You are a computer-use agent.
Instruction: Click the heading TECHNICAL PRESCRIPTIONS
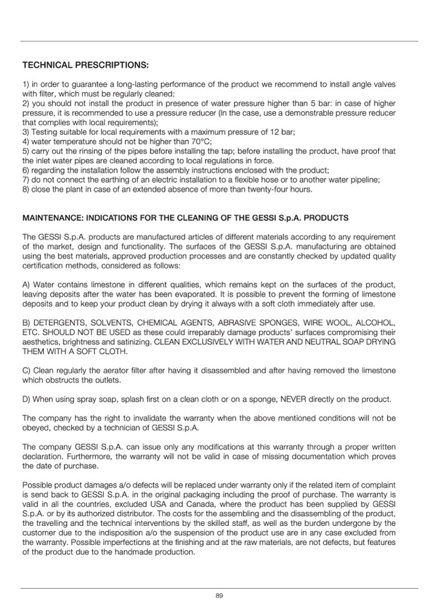(85, 65)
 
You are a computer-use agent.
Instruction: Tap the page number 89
(219, 595)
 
